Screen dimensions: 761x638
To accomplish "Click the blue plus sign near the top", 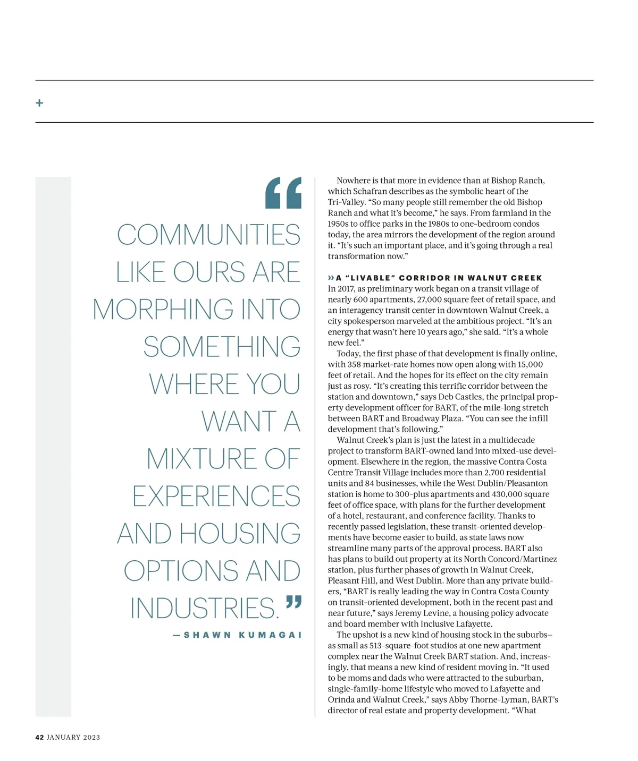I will tap(39, 102).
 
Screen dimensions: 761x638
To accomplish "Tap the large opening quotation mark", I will tap(283, 193).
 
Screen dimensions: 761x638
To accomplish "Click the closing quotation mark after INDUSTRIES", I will tap(293, 602).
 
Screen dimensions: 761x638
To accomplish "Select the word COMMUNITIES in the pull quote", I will tap(208, 235).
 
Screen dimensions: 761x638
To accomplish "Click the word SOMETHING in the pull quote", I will tap(222, 347).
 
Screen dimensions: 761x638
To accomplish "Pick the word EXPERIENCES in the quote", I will tap(216, 496).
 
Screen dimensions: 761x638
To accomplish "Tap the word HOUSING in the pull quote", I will tap(239, 534).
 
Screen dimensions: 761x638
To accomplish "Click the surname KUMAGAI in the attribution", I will tap(271, 635).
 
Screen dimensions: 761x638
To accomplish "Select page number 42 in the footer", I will tap(39, 737).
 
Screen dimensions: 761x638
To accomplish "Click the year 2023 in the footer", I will tap(91, 737).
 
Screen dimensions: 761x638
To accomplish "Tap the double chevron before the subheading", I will tap(331, 278).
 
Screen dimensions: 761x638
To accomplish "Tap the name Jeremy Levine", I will tap(421, 613).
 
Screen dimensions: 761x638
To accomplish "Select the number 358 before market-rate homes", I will tap(355, 364).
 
